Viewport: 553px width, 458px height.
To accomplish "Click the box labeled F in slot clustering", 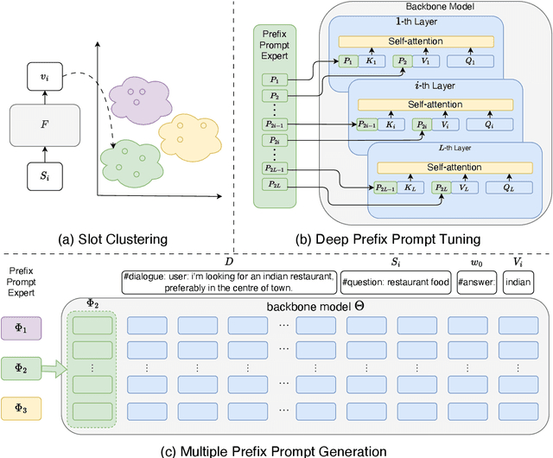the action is [x=45, y=125].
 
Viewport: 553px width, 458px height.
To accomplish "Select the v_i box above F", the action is [x=45, y=76].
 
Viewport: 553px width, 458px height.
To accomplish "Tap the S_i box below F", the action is [x=45, y=176].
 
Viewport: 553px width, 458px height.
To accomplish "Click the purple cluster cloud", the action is [x=140, y=100].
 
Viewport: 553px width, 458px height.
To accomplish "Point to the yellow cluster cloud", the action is [x=190, y=137].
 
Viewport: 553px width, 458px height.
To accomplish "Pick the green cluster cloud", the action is [x=131, y=162].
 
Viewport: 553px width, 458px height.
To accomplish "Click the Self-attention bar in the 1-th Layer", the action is [x=416, y=41].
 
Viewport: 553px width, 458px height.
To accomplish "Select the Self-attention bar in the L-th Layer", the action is [x=455, y=168].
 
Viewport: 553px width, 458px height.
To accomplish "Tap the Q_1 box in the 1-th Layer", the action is [x=470, y=61].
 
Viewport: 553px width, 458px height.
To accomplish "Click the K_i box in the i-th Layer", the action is [x=391, y=124].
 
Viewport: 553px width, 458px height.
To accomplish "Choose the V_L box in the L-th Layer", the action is [x=465, y=188].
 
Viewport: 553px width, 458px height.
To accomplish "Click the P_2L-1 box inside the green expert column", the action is [x=275, y=169].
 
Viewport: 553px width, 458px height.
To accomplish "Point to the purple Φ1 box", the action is [x=21, y=328].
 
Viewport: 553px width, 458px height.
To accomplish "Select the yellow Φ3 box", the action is [x=21, y=409].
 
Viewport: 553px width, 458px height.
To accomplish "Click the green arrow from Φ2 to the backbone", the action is [x=54, y=369].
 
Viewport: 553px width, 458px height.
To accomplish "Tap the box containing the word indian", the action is [x=518, y=283].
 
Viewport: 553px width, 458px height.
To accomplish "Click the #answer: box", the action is [x=477, y=283].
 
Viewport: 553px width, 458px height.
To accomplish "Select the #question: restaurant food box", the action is [x=396, y=283].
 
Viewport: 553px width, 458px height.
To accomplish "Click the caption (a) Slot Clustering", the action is [x=113, y=239].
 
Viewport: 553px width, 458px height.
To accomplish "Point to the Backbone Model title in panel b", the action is [x=440, y=7].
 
